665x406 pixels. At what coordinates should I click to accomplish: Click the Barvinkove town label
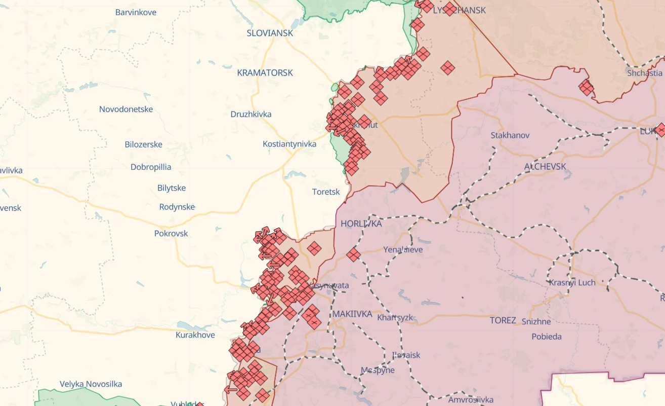136,12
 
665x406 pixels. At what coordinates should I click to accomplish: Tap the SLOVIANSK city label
270,33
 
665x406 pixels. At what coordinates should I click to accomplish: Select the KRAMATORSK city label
265,72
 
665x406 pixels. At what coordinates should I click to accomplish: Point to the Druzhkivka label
251,114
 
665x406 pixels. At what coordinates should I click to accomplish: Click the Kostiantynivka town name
289,144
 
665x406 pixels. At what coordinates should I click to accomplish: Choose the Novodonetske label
126,109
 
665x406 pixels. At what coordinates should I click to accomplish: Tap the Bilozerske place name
143,144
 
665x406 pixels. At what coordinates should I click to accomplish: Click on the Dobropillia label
150,167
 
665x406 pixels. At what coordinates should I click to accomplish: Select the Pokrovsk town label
171,233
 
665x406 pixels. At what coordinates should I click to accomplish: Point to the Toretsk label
326,192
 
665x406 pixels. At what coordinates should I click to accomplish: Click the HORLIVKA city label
361,224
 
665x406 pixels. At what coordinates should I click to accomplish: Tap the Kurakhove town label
195,335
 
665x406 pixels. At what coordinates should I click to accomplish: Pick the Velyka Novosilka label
91,384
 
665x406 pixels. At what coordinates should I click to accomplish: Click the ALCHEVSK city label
545,166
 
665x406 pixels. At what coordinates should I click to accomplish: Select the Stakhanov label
510,135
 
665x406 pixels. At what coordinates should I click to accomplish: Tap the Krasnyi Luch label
572,282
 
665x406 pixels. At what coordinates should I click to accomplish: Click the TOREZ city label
503,320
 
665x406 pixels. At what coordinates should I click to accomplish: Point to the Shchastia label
644,72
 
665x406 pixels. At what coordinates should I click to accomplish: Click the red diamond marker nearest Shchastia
587,88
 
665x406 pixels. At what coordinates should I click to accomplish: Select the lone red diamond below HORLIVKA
353,254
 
